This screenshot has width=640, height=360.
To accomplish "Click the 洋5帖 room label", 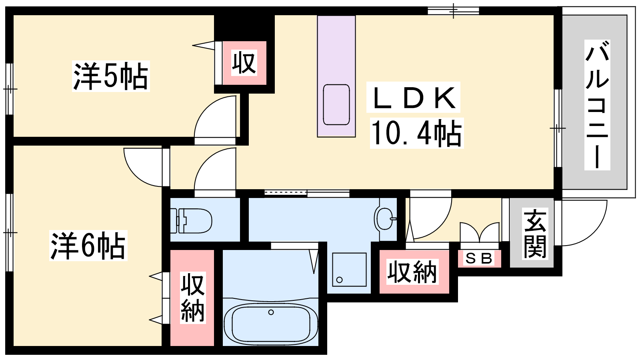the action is point(111,76).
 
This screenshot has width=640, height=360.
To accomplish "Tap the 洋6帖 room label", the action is point(88,246).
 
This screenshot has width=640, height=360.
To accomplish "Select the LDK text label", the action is point(413,98).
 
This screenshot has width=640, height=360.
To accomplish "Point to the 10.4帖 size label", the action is point(416,133).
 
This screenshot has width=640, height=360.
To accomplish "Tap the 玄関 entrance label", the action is point(535,234).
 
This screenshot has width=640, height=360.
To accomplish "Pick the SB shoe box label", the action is point(479,258).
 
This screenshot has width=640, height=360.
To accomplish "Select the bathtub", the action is point(270,322).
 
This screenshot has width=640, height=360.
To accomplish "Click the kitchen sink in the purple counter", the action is point(336,104).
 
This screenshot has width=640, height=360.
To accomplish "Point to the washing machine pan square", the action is point(349,270).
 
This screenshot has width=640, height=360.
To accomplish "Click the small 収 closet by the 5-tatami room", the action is point(244,63).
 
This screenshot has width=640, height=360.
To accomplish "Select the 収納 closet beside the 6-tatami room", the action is point(192,298).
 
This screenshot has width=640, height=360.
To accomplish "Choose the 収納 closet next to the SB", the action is point(414,272).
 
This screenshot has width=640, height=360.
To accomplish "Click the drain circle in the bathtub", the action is point(271,312).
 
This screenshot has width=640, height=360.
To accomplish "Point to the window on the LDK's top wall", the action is point(454,11).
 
